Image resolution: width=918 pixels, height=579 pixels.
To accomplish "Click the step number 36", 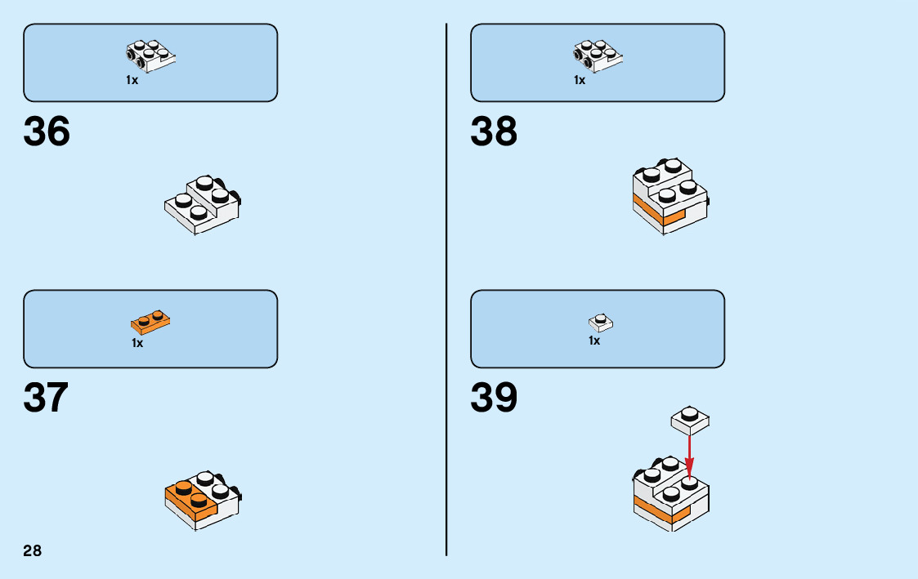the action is point(47,132).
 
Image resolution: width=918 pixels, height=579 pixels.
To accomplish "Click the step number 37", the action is point(47,399).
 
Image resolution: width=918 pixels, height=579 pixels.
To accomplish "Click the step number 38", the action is point(494,132).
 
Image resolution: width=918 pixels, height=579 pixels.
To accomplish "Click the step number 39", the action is point(494,399).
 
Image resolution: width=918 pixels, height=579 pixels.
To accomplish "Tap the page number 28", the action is point(32,550).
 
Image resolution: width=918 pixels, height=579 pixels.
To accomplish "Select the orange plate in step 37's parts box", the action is point(150,323).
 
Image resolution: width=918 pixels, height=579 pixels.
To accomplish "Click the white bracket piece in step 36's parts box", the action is point(151,55).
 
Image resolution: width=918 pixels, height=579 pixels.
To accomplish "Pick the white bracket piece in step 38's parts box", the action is point(598,55).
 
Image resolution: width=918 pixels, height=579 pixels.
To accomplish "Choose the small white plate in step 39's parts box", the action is point(601,322).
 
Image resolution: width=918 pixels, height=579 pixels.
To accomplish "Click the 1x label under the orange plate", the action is point(137,344).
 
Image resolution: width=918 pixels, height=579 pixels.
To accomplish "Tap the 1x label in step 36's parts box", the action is point(132,80).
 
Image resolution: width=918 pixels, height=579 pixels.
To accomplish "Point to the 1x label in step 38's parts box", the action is point(580,80).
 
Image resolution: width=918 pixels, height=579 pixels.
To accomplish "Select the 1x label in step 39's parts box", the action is point(594,341).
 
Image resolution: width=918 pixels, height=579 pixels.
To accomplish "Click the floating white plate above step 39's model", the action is point(690,420).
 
